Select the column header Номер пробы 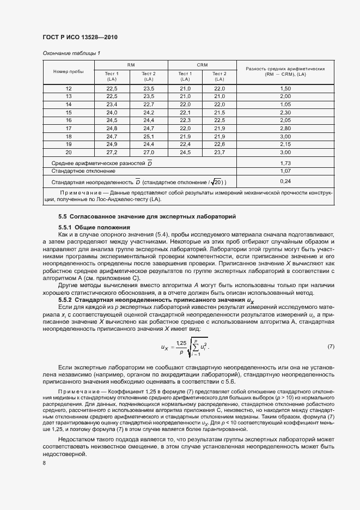(x=69, y=72)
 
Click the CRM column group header (x=202, y=65)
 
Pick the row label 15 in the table (x=69, y=112)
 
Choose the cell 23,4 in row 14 (x=112, y=104)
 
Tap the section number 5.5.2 (x=65, y=300)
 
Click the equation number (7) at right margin (x=331, y=347)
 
